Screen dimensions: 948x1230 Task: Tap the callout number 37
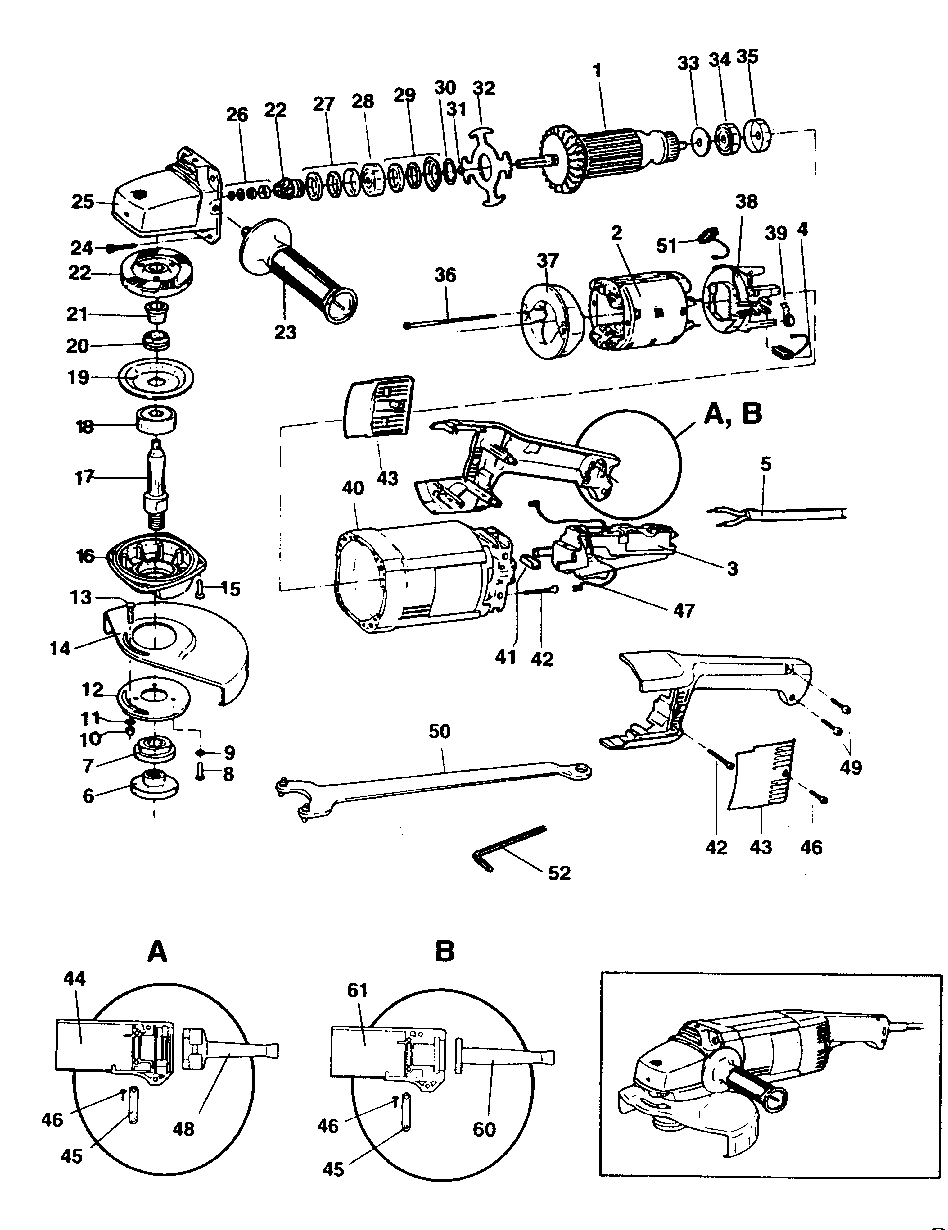tap(548, 261)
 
